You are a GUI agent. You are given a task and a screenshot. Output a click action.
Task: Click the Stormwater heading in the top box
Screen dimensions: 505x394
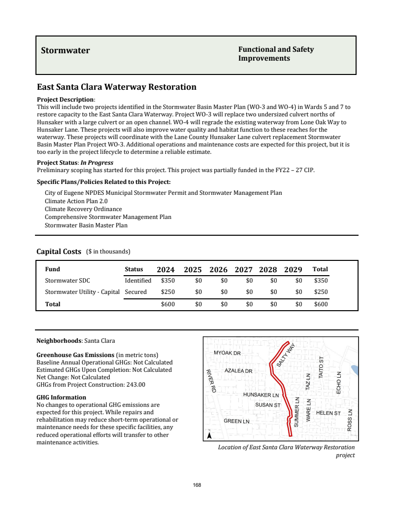click(x=66, y=50)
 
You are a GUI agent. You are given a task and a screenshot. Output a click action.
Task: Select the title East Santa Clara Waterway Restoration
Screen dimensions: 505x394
click(x=117, y=87)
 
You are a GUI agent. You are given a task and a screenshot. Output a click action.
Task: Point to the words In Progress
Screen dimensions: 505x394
click(x=97, y=163)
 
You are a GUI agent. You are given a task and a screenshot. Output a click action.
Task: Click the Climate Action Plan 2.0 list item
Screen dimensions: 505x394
click(x=76, y=201)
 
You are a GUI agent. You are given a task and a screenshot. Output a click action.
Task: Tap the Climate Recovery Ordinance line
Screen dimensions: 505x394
click(x=83, y=209)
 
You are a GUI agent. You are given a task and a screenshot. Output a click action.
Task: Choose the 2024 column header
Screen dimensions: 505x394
click(x=165, y=270)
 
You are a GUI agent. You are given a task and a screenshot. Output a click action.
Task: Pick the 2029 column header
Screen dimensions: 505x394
click(x=293, y=270)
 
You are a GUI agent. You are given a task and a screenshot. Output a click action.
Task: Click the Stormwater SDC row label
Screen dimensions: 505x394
click(x=67, y=281)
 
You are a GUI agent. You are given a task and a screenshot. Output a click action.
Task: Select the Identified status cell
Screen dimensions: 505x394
click(x=138, y=281)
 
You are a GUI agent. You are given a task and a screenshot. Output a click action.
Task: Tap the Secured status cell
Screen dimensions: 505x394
click(x=135, y=292)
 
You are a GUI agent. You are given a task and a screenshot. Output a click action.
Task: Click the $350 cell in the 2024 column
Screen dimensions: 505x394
click(x=168, y=281)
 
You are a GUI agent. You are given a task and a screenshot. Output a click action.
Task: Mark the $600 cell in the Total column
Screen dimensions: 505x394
click(x=321, y=304)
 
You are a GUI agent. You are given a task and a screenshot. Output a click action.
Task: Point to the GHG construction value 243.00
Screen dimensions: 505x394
click(x=135, y=385)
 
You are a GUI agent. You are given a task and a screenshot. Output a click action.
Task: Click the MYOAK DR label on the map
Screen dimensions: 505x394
click(x=227, y=353)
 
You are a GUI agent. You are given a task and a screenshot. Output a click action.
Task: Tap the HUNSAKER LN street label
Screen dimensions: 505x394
click(x=261, y=395)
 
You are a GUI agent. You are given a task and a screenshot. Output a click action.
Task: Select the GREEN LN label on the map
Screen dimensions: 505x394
click(x=236, y=421)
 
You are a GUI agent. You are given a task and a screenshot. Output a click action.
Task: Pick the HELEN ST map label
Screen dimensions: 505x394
click(x=328, y=413)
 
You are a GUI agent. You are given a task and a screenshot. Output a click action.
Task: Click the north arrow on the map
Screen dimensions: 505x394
click(x=210, y=435)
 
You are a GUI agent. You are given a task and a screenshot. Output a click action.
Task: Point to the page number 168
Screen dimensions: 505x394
click(x=197, y=485)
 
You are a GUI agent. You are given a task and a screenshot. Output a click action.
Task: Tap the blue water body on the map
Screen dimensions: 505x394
click(x=355, y=369)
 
